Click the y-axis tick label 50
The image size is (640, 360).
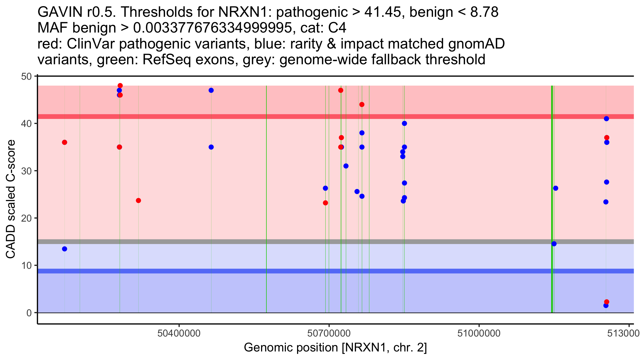pyautogui.click(x=26, y=77)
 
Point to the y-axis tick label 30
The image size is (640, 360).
pyautogui.click(x=26, y=171)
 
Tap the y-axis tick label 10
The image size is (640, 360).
pyautogui.click(x=26, y=266)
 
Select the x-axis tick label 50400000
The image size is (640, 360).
pyautogui.click(x=179, y=333)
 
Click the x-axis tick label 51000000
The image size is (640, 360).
pyautogui.click(x=479, y=333)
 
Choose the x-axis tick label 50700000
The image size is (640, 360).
pyautogui.click(x=329, y=333)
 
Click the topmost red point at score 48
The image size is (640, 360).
pyautogui.click(x=120, y=86)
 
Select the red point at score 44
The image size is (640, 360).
pyautogui.click(x=362, y=105)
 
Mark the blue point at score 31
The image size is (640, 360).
pyautogui.click(x=346, y=166)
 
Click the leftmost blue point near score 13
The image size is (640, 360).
pyautogui.click(x=65, y=249)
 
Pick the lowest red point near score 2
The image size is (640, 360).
pyautogui.click(x=607, y=302)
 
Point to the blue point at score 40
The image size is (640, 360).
pyautogui.click(x=404, y=123)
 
